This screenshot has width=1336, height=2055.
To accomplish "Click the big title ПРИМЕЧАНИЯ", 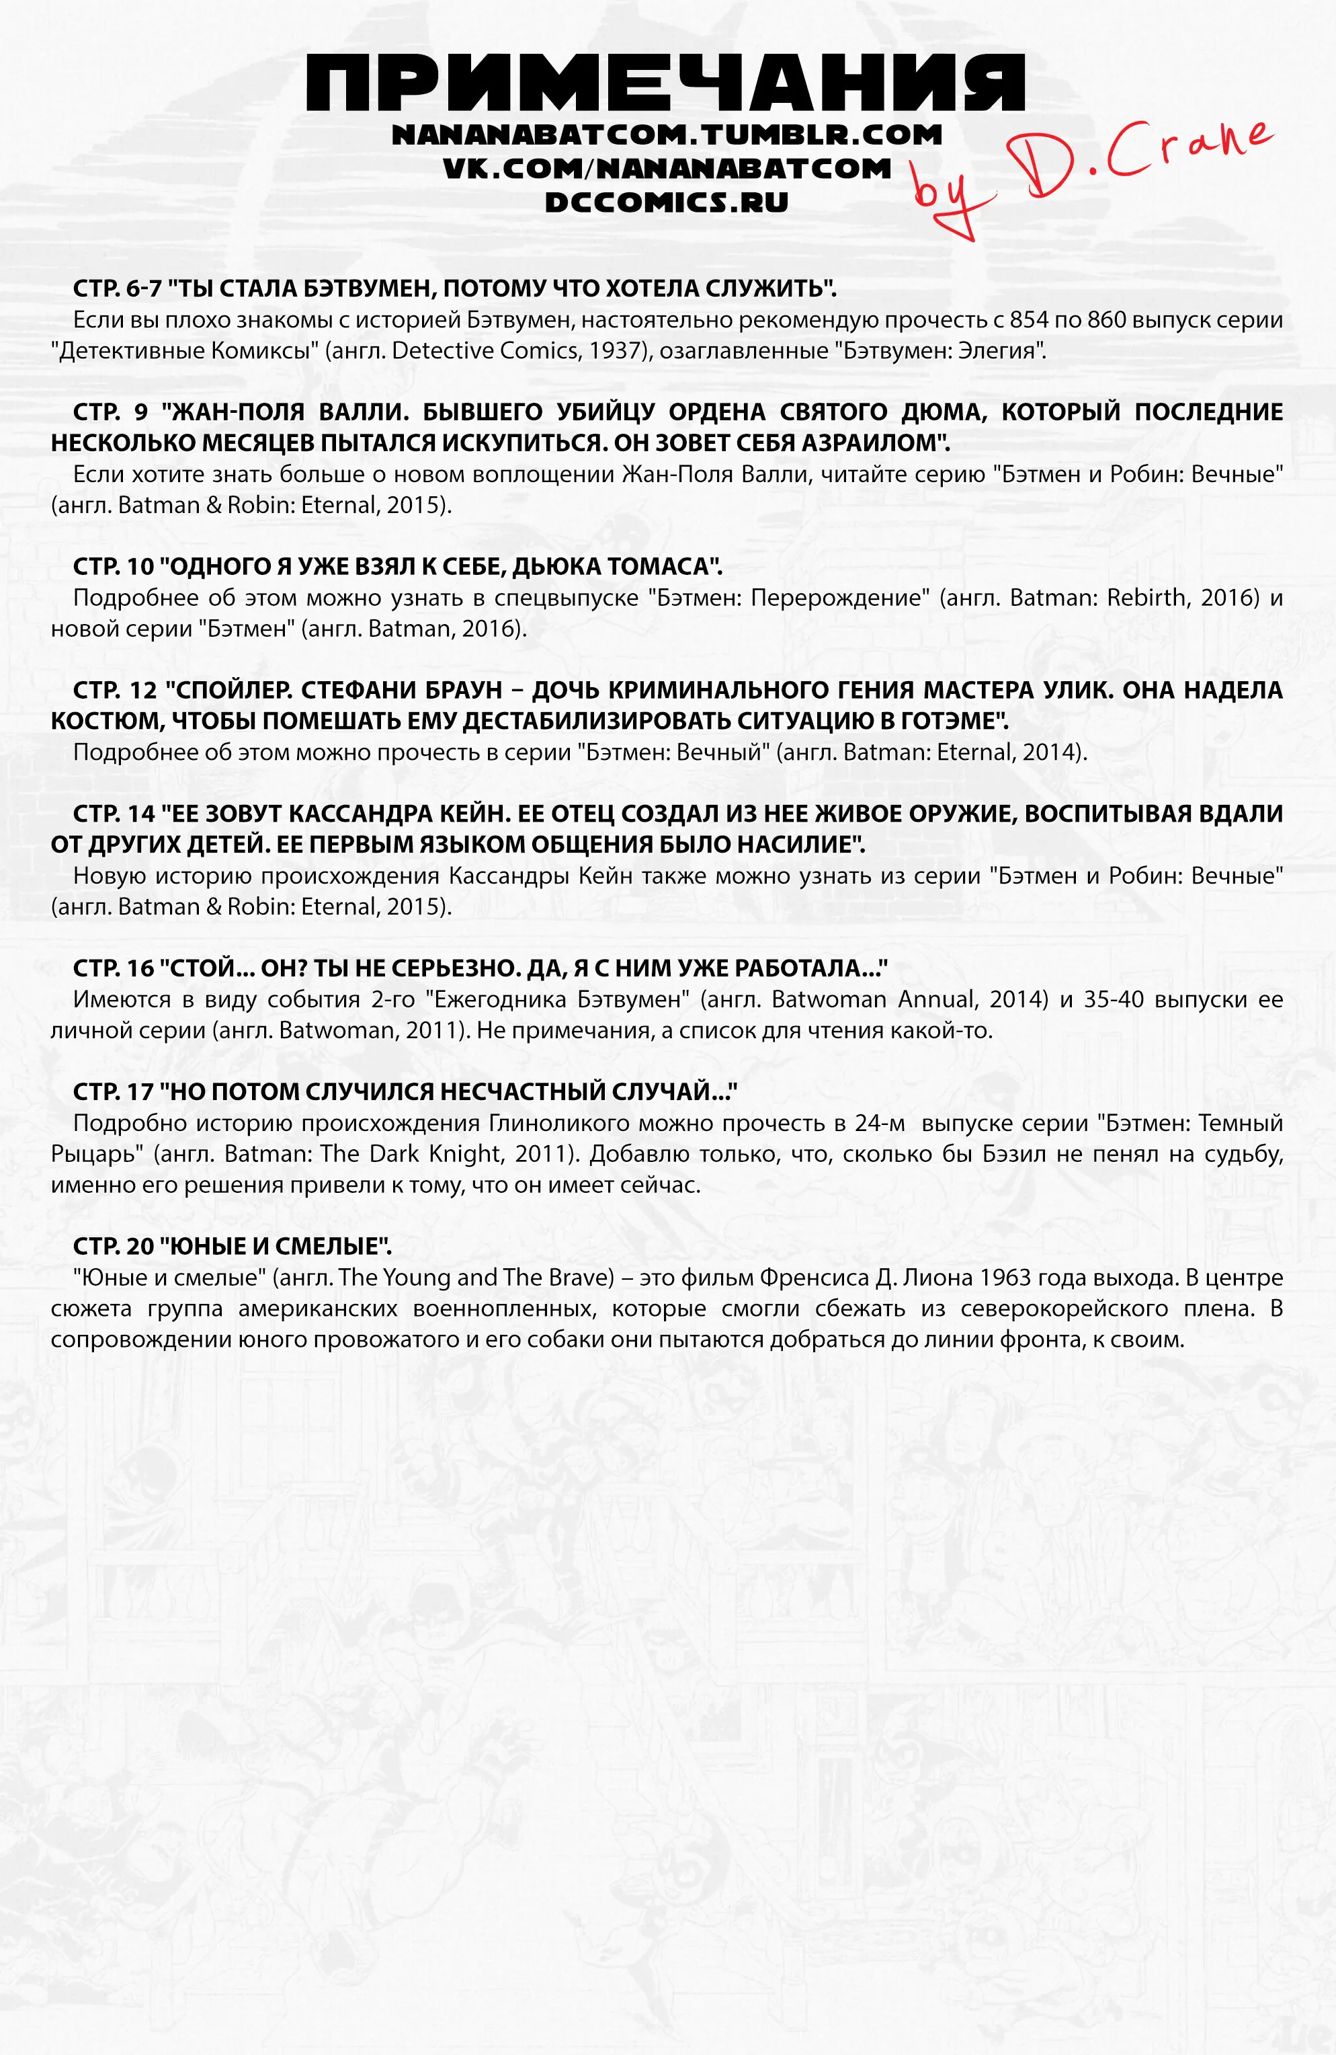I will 665,84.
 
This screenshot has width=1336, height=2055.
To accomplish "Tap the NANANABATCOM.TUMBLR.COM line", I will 666,136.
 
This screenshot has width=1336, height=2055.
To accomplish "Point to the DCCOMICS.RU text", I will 666,202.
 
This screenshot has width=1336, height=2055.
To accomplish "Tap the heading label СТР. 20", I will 113,1247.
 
